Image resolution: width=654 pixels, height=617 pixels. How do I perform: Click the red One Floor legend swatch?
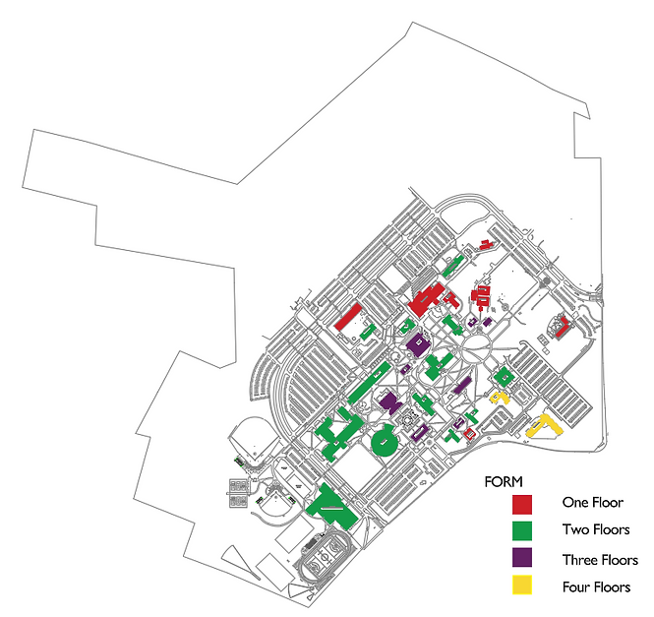click(522, 504)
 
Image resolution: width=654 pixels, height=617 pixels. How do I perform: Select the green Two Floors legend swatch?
click(522, 531)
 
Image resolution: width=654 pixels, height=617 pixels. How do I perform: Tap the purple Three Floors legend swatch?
click(522, 557)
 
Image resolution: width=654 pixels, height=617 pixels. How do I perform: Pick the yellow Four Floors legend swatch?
click(522, 585)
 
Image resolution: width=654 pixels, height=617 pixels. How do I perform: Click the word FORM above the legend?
click(503, 482)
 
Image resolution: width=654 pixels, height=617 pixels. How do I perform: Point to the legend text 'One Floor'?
click(593, 502)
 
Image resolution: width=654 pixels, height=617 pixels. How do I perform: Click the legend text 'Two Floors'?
click(596, 529)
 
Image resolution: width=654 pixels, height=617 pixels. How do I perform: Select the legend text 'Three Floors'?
click(600, 560)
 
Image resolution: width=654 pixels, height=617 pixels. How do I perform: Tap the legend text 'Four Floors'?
click(596, 587)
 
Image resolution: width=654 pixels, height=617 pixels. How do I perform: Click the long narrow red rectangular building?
click(348, 317)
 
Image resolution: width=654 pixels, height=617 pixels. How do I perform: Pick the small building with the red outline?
click(469, 433)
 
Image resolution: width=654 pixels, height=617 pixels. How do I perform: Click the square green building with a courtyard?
click(504, 377)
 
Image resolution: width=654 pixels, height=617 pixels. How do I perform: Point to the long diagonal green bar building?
click(369, 383)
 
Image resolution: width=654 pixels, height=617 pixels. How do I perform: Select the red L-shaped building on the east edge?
click(563, 327)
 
